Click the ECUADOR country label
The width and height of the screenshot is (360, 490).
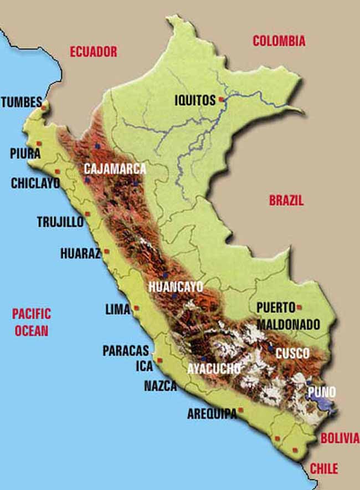[x=93, y=52]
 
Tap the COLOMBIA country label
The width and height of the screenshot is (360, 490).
[x=279, y=40]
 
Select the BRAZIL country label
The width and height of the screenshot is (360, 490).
[x=286, y=201]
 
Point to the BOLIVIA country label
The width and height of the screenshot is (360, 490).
[x=340, y=438]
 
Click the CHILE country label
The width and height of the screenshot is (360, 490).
[x=323, y=468]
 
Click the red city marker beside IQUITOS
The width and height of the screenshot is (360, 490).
[x=221, y=100]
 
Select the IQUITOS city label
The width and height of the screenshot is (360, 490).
[x=194, y=101]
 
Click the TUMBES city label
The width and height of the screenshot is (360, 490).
[x=21, y=102]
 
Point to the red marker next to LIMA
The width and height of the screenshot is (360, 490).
[x=136, y=308]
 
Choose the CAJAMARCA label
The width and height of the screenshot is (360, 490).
[x=115, y=169]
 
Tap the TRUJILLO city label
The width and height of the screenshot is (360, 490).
[x=60, y=222]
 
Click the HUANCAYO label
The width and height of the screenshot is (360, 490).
[x=176, y=287]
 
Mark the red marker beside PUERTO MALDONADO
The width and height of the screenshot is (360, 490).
[x=299, y=307]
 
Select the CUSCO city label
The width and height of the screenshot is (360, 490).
[x=292, y=353]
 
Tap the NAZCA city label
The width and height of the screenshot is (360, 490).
[x=160, y=386]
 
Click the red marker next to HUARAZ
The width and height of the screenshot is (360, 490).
[x=106, y=251]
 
